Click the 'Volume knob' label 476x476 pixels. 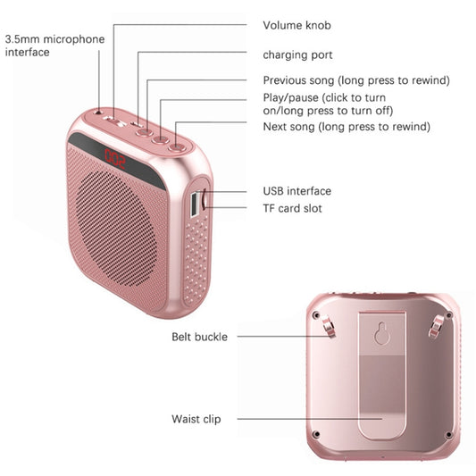click(x=296, y=25)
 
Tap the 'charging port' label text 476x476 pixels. click(x=297, y=55)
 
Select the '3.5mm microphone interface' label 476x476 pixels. click(x=55, y=46)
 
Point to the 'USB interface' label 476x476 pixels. click(x=296, y=191)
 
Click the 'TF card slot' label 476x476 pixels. click(x=292, y=208)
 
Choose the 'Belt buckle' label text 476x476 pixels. click(x=199, y=337)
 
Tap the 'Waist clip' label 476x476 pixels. click(x=196, y=419)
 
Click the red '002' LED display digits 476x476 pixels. click(x=114, y=158)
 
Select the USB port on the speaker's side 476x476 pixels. click(x=195, y=204)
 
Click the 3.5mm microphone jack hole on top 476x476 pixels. click(x=98, y=113)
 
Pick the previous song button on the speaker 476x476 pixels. click(x=144, y=132)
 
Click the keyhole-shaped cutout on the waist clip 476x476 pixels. click(x=381, y=333)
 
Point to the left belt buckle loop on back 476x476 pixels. click(x=328, y=326)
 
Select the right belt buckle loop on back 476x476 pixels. click(x=436, y=326)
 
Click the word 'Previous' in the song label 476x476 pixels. click(x=285, y=80)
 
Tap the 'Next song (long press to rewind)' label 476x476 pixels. click(x=347, y=127)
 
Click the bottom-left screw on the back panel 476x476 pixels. click(x=316, y=434)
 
